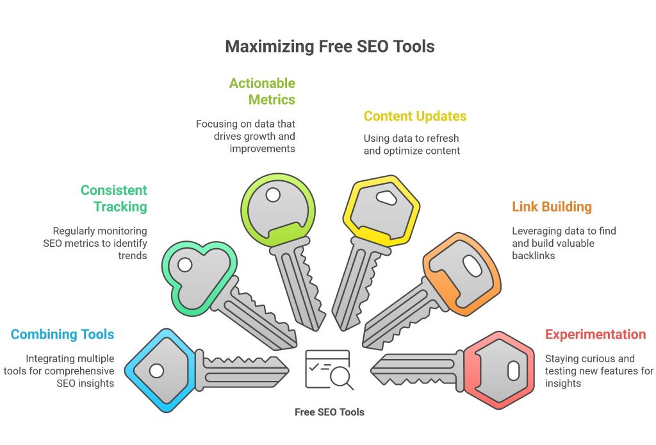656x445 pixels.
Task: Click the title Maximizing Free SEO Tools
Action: click(329, 46)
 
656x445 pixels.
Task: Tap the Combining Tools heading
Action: click(62, 334)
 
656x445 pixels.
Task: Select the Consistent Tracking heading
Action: click(114, 198)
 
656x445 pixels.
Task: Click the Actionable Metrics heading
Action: click(262, 91)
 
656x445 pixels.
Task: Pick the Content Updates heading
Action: click(414, 116)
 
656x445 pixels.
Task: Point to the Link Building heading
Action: click(552, 206)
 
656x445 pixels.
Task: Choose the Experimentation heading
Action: click(595, 334)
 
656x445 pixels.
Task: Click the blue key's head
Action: click(158, 370)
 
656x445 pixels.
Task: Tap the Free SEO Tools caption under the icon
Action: click(329, 412)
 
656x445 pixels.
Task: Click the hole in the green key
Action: click(273, 194)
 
